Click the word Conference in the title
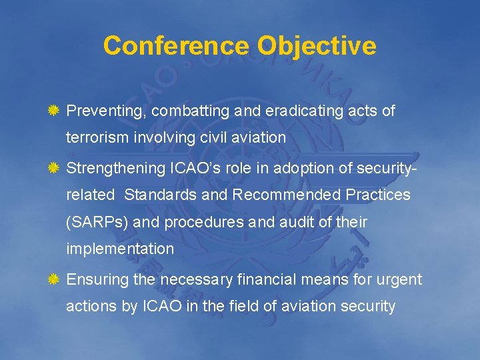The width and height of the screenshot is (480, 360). click(177, 46)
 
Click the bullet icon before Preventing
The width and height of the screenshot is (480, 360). click(55, 111)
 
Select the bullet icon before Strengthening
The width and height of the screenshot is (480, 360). click(55, 169)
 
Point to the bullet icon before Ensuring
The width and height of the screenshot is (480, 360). click(55, 279)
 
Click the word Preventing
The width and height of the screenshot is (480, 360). click(107, 111)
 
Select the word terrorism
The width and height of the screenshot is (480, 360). click(95, 138)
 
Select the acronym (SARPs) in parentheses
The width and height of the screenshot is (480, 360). click(97, 223)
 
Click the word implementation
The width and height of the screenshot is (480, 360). click(120, 249)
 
